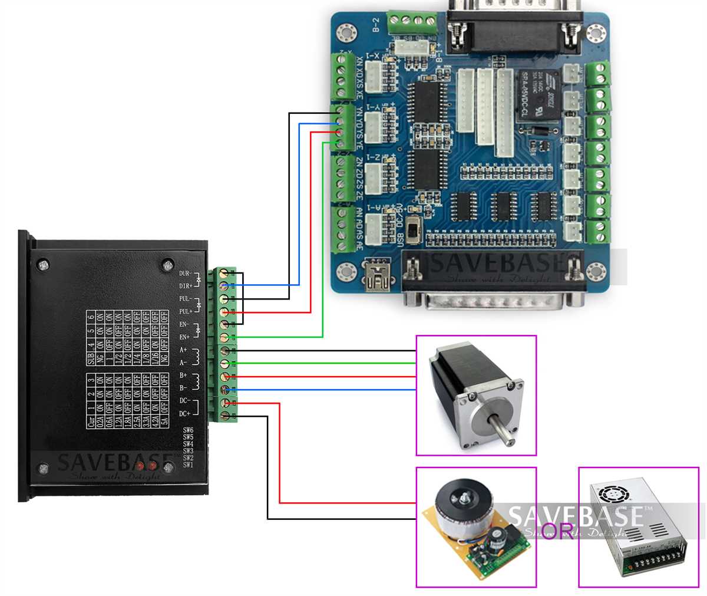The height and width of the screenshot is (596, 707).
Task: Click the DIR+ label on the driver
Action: tap(186, 286)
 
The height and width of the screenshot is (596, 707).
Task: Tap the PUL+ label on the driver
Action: tap(186, 311)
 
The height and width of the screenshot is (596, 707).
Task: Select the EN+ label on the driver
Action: tap(184, 337)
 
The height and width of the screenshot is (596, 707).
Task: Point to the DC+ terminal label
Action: tap(184, 414)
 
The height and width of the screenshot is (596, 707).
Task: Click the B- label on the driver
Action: tap(184, 388)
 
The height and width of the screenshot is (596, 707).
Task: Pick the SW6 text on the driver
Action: tap(188, 430)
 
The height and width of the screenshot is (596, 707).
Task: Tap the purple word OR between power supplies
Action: tap(557, 531)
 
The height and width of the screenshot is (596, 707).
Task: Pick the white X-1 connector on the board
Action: tap(375, 76)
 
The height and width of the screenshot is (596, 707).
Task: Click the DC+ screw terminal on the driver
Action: tap(224, 416)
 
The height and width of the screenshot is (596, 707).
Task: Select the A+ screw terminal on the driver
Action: tap(224, 351)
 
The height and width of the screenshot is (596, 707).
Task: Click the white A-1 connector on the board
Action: tap(375, 228)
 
